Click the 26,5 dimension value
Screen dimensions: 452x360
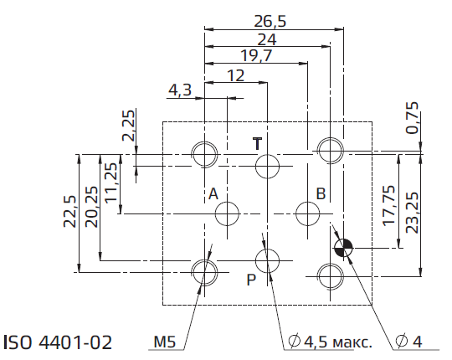coord(270,22)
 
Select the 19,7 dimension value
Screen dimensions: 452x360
coord(256,55)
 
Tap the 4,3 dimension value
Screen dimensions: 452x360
coord(180,90)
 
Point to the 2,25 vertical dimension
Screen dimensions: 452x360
coord(129,126)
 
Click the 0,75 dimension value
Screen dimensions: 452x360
coord(412,117)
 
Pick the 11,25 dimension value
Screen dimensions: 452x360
coord(111,183)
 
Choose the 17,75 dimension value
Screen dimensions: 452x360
coord(388,205)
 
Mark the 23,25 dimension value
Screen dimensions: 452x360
coord(412,213)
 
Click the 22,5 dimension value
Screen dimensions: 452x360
coord(69,211)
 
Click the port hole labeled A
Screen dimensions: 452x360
coord(227,213)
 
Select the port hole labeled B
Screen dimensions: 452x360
coord(307,213)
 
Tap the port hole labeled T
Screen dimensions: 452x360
coord(268,167)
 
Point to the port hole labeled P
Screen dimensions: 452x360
coord(268,261)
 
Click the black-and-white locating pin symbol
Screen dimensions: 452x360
coord(343,248)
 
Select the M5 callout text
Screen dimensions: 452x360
coord(165,342)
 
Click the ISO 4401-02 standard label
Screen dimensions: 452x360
coord(58,342)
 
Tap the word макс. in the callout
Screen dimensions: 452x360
coord(352,342)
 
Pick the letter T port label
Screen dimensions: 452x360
coord(258,143)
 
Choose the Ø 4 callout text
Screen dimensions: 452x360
coord(408,342)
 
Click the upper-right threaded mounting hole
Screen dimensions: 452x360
coord(331,151)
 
